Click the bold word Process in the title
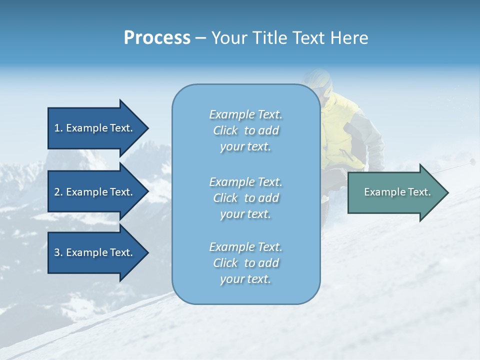(157, 38)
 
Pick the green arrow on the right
(395, 192)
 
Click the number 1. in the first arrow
(58, 128)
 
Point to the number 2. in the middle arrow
(58, 192)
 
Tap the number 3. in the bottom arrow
(58, 252)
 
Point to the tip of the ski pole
(472, 161)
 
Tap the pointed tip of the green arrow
(447, 192)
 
